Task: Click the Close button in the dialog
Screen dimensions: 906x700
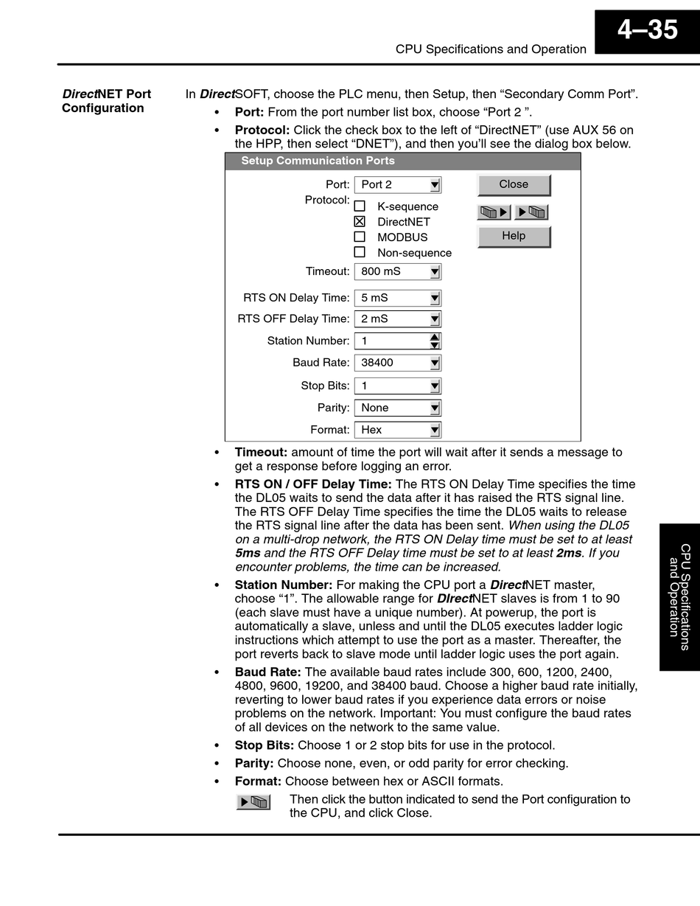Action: point(514,184)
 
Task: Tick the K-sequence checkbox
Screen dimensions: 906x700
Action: point(360,206)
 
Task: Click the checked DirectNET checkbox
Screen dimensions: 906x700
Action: point(360,221)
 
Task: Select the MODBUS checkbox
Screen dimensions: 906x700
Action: point(360,237)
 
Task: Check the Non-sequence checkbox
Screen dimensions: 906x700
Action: point(360,252)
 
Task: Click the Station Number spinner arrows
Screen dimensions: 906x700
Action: point(435,341)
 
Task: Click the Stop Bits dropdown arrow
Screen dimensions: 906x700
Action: point(435,386)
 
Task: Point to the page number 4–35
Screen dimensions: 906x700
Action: point(647,30)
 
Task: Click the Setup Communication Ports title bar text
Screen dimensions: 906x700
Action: point(318,161)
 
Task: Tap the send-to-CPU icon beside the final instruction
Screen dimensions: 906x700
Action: point(253,802)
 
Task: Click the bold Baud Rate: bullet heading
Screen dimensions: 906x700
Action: point(267,672)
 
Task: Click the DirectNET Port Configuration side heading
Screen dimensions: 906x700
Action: point(106,101)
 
